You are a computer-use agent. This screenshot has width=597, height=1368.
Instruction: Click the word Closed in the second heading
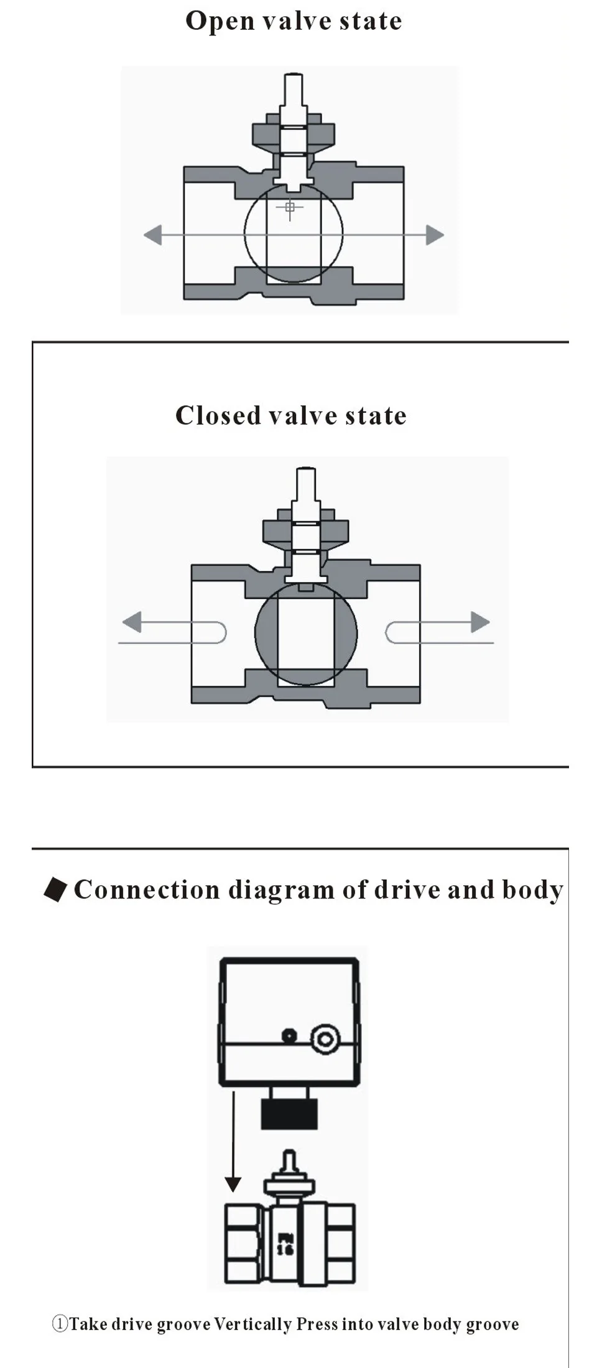click(x=217, y=415)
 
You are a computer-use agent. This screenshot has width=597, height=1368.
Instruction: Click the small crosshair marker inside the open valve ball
click(x=290, y=207)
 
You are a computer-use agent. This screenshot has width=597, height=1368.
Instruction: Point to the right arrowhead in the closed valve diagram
click(x=480, y=621)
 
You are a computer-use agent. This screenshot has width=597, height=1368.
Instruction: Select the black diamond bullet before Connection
click(x=55, y=889)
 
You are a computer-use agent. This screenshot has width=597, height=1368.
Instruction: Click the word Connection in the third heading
click(x=147, y=890)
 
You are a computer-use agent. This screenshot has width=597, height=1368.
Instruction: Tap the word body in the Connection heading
click(x=532, y=890)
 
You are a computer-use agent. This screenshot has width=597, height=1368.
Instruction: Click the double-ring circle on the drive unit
click(x=325, y=1039)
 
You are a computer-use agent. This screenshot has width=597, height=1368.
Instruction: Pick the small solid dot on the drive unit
click(x=289, y=1036)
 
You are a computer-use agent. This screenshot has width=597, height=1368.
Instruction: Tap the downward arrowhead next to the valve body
click(x=233, y=1183)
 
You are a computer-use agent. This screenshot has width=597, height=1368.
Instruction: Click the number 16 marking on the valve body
click(x=285, y=1249)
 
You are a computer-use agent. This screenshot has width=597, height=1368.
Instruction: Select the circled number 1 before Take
click(x=60, y=1324)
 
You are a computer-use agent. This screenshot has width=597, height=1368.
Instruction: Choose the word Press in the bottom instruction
click(x=317, y=1324)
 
